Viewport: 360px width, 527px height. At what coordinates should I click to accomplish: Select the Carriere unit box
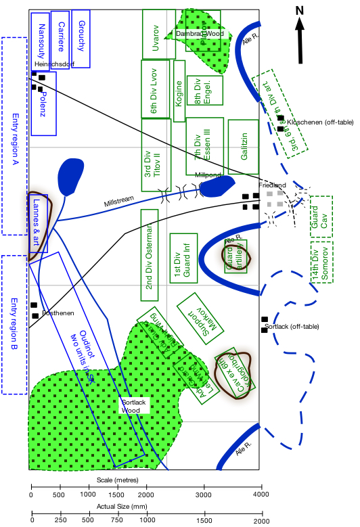(60, 31)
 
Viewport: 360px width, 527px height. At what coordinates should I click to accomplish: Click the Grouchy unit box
(81, 30)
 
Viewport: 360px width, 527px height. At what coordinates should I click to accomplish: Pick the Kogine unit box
(179, 91)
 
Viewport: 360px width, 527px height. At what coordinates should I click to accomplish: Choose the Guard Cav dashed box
(321, 217)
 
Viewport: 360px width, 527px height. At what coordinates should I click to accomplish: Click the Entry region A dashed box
(14, 135)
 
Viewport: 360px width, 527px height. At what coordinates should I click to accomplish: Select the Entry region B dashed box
(14, 325)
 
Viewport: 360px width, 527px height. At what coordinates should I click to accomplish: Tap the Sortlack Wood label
(134, 406)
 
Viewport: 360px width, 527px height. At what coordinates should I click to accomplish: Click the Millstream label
(119, 202)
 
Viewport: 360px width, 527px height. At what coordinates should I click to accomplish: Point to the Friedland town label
(272, 185)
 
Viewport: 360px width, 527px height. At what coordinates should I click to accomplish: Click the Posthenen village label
(58, 313)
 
